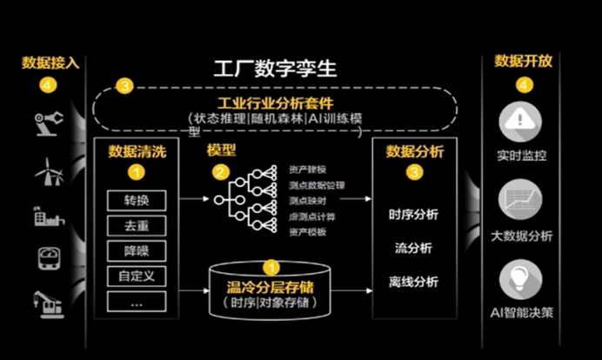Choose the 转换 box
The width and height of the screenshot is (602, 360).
tap(137, 200)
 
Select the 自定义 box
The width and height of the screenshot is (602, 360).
tap(137, 277)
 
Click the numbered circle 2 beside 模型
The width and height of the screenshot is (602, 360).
tap(220, 172)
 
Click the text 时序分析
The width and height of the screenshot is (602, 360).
tap(413, 215)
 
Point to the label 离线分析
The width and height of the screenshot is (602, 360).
tap(413, 282)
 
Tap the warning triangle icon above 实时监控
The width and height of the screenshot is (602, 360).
tap(522, 122)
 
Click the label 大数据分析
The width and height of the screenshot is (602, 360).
tap(522, 236)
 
